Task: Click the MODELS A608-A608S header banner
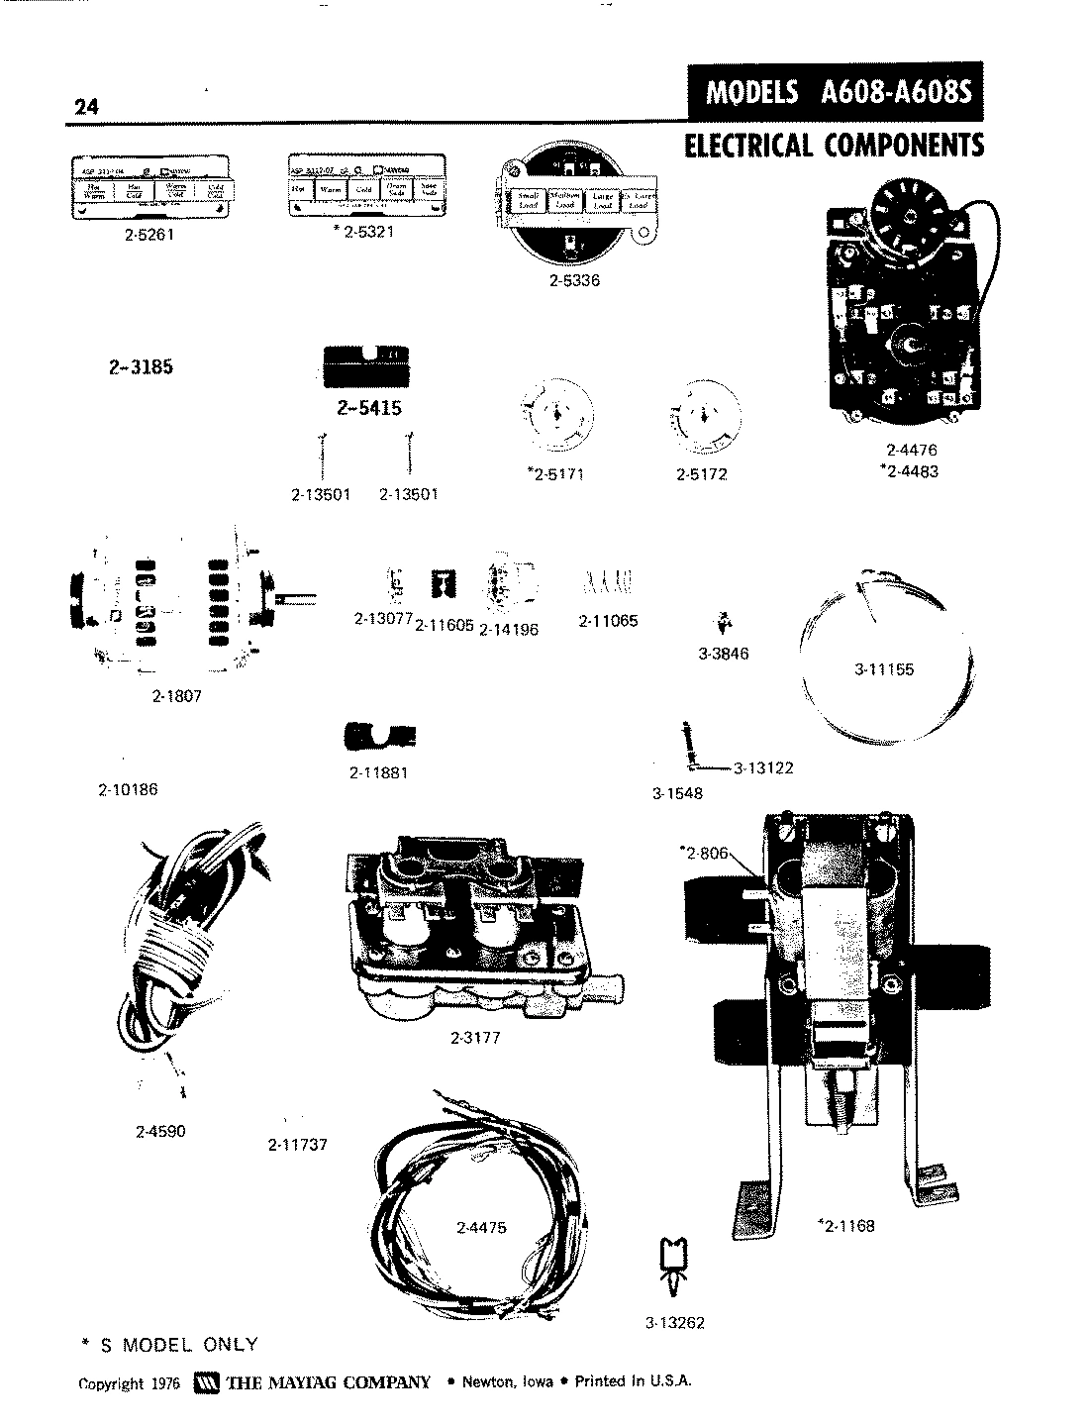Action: (x=838, y=92)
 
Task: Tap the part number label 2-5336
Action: (x=574, y=280)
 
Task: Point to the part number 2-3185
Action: (x=141, y=366)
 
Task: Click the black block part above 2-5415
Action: (x=366, y=367)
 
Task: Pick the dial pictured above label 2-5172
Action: (x=702, y=413)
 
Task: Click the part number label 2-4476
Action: (x=911, y=451)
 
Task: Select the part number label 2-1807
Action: (x=177, y=696)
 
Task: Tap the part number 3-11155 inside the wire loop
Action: (x=884, y=669)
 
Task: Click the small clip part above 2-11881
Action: (x=378, y=737)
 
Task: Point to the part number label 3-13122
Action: (x=763, y=767)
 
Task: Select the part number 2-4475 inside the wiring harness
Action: (x=481, y=1227)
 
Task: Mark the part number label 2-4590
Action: (x=160, y=1131)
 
